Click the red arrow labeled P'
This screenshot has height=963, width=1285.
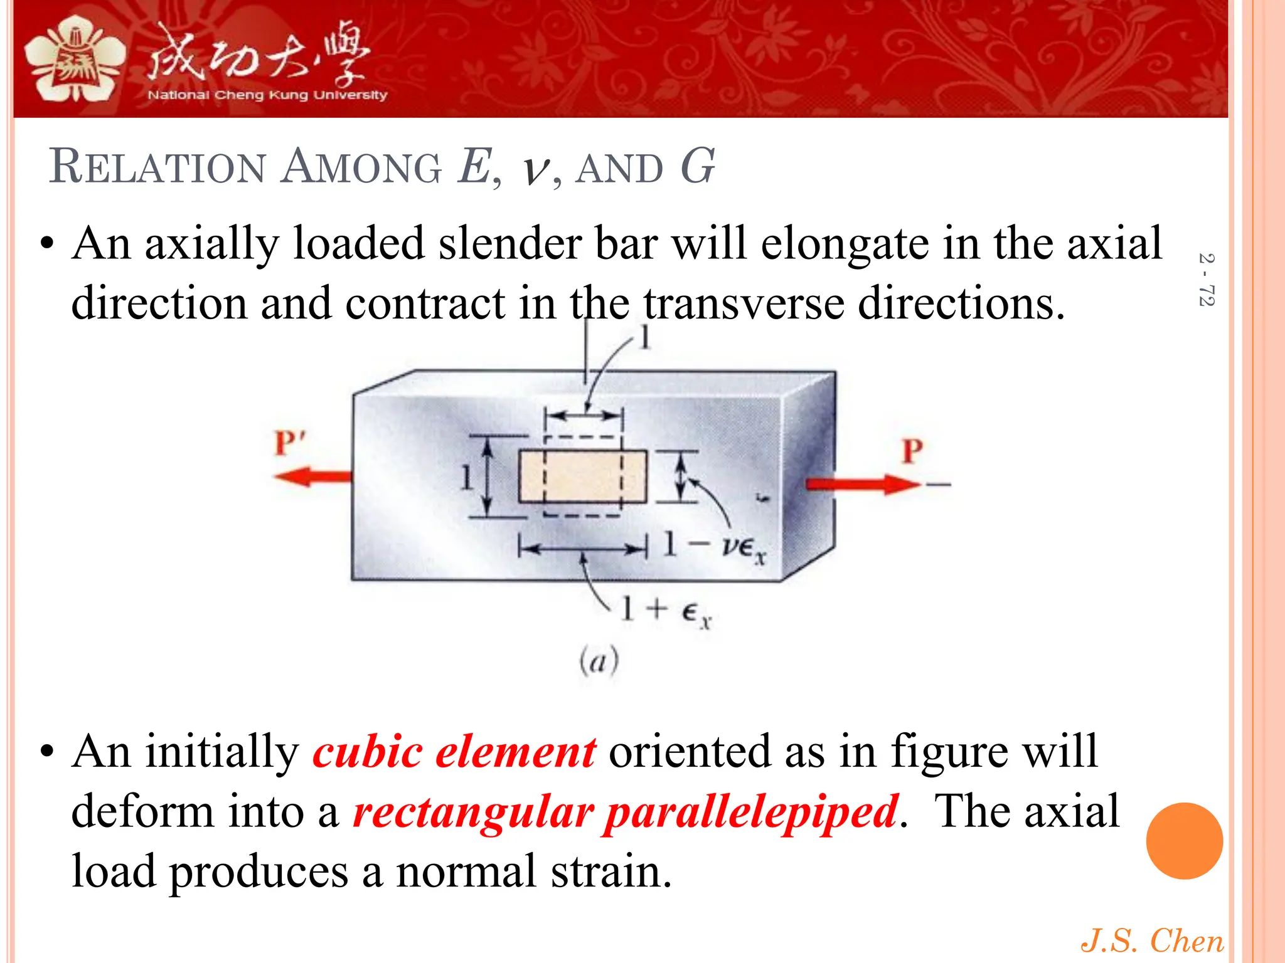point(312,476)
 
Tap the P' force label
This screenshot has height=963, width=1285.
point(289,443)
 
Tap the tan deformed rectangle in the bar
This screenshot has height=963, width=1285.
point(582,476)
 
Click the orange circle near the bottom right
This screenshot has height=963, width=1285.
point(1184,841)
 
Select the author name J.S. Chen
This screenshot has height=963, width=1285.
point(1152,940)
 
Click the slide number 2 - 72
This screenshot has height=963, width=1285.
point(1206,280)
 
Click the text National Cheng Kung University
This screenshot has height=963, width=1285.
point(267,95)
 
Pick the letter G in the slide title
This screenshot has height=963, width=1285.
point(697,167)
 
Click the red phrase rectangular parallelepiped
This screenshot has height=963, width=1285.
point(626,811)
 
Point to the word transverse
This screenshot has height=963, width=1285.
point(744,303)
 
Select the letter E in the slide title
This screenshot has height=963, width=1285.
point(475,167)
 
